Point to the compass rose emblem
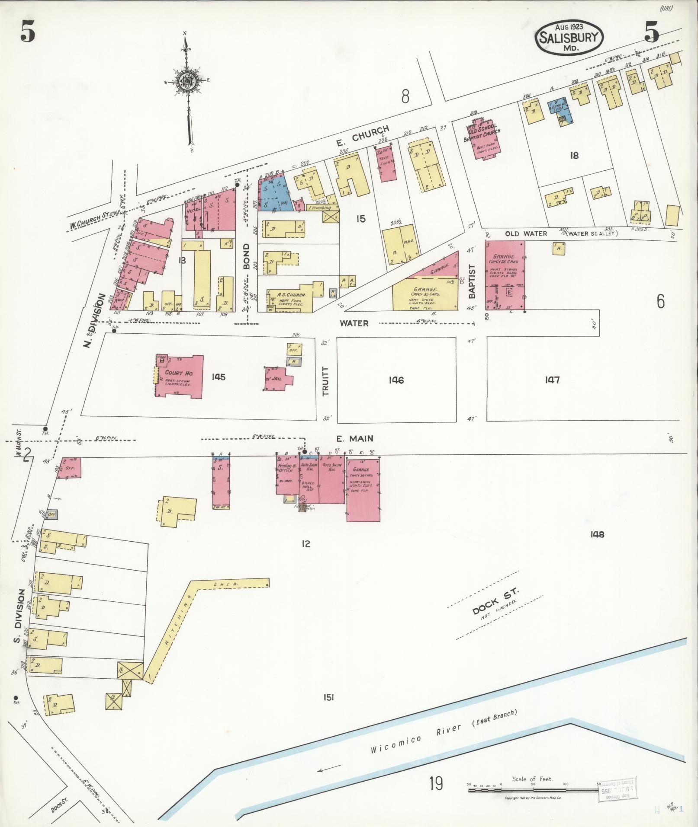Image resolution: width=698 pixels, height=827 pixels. (x=187, y=81)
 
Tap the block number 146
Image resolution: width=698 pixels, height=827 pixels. (x=396, y=380)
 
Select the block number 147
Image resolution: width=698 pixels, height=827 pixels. (x=553, y=380)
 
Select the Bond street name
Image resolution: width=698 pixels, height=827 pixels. (x=246, y=256)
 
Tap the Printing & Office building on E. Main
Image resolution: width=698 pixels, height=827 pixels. (x=286, y=473)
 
